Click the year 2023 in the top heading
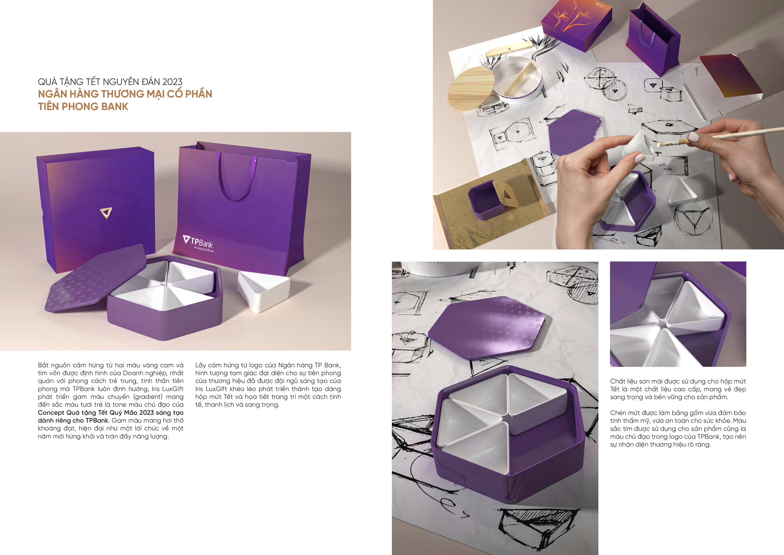172,82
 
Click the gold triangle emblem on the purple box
106,213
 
